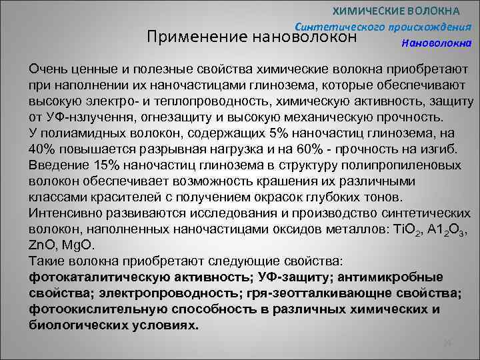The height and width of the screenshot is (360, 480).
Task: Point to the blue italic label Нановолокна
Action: (437, 43)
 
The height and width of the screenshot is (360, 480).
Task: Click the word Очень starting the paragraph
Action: (47, 69)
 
